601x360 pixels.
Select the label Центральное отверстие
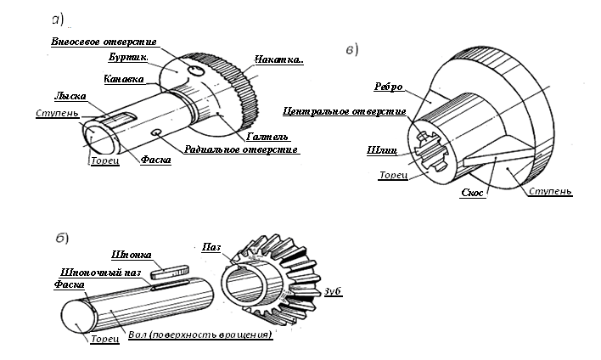[x=343, y=111]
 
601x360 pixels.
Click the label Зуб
[x=333, y=291]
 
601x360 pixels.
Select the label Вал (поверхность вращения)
[x=199, y=335]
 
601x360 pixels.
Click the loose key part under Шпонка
[x=167, y=273]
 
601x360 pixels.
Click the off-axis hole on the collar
[x=196, y=72]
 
